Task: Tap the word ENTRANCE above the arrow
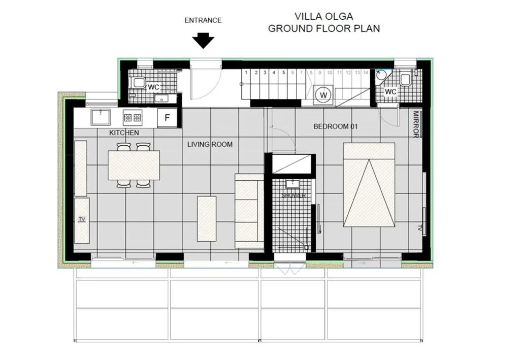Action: pos(203,20)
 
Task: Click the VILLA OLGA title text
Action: pos(323,16)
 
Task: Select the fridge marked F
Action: pos(167,117)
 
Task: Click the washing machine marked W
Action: pos(323,95)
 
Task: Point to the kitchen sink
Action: pos(101,116)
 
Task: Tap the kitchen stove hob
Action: pos(133,117)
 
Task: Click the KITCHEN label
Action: pos(124,133)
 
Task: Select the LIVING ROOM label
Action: pos(210,144)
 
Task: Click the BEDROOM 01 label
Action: pos(336,126)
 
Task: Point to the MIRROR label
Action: pos(415,124)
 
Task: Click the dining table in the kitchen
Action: pos(134,165)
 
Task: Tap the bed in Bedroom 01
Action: pos(369,185)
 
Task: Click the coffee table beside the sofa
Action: pos(207,219)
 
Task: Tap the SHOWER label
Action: pos(294,195)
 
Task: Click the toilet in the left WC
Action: pos(139,82)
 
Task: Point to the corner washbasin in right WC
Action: pos(381,75)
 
